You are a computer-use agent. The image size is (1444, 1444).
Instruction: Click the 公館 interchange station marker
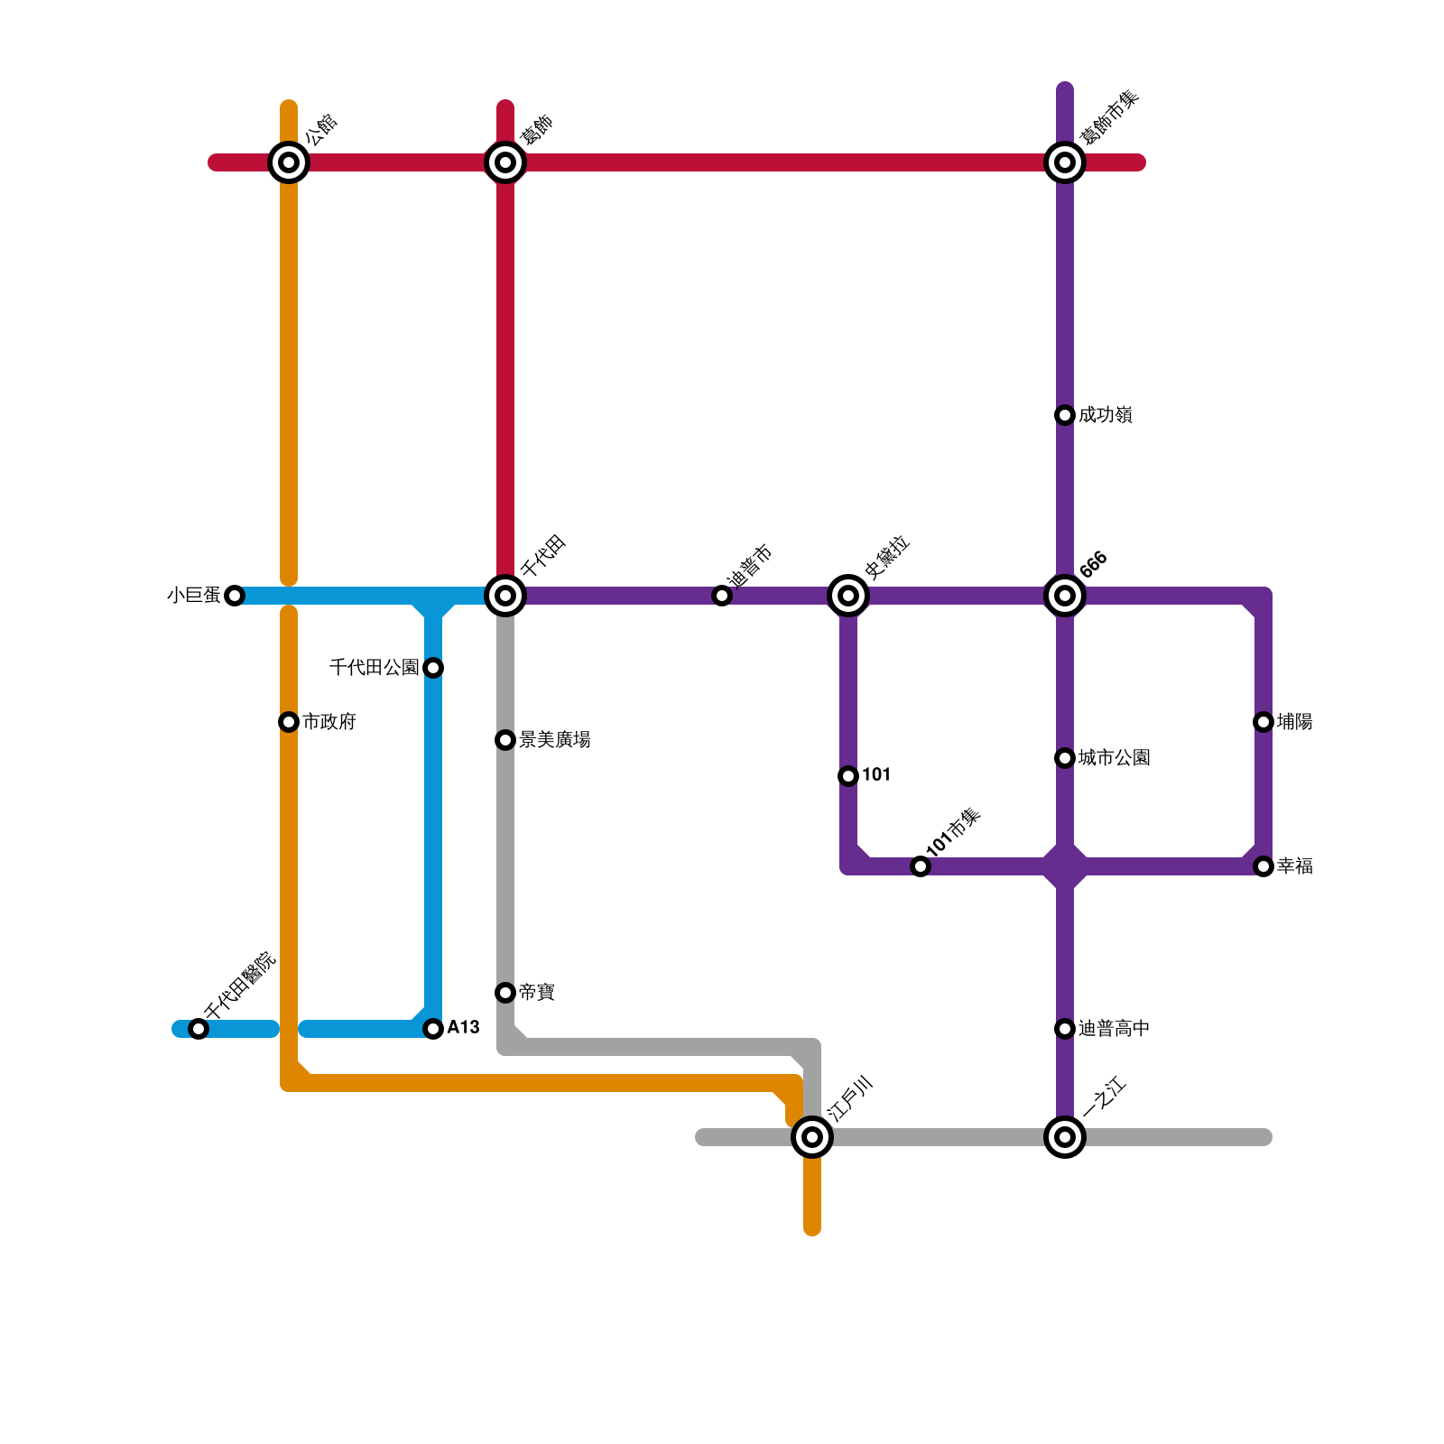coord(289,162)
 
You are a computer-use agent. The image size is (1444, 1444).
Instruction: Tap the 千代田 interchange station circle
coord(505,596)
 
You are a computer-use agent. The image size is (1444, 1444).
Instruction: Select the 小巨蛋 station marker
coord(235,596)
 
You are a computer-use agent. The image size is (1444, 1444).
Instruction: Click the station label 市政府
coord(329,722)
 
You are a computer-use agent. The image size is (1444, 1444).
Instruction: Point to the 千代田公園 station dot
coord(433,668)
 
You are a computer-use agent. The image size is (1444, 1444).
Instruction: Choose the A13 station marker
coord(433,1029)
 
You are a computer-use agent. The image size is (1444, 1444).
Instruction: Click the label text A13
coord(463,1028)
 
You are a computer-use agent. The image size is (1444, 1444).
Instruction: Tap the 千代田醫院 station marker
coord(199,1029)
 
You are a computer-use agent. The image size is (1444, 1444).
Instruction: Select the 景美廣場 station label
coord(555,740)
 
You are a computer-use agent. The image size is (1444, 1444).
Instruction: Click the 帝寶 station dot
coord(505,993)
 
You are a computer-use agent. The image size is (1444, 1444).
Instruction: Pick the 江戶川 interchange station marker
coord(812,1137)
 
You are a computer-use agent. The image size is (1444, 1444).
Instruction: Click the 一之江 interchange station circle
coord(1065,1137)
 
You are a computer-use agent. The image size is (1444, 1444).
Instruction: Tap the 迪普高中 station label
coord(1114,1029)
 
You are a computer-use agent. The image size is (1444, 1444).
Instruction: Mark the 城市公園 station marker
coord(1065,758)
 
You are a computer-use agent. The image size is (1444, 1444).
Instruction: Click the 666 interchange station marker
coord(1065,596)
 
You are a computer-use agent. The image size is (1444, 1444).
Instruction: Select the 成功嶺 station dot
coord(1065,415)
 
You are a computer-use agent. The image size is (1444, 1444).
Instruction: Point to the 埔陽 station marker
coord(1263,722)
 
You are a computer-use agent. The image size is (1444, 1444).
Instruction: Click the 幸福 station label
coord(1295,866)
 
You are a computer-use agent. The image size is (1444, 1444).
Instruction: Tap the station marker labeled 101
coord(848,776)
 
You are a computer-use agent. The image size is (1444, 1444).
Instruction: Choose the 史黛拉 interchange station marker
coord(848,596)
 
